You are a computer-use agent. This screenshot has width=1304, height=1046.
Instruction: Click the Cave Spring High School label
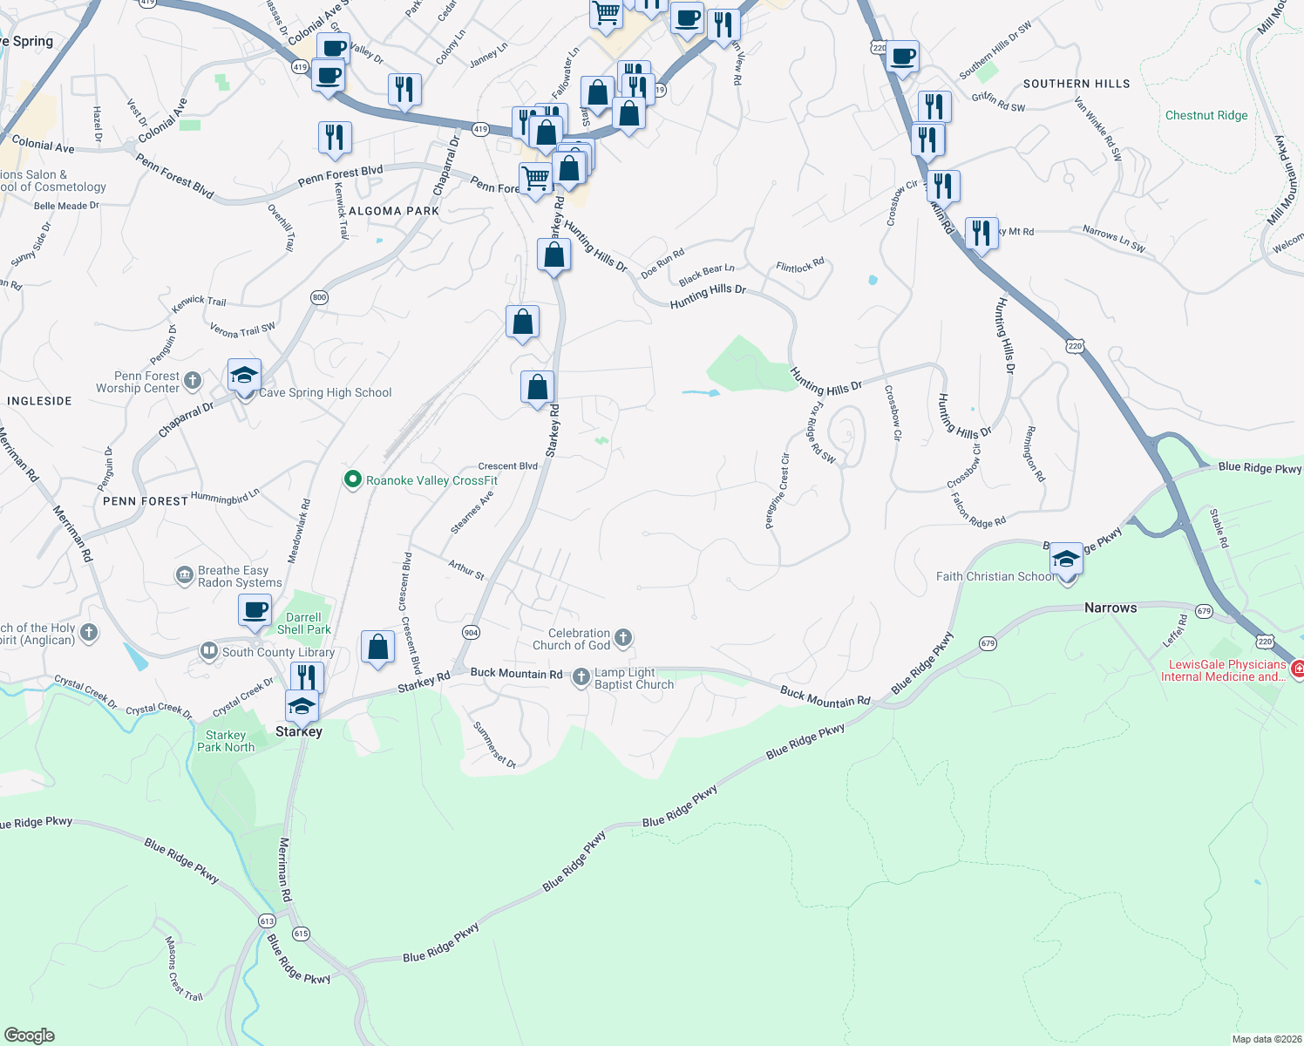coord(325,393)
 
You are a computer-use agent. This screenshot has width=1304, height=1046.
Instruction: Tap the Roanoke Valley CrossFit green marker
coord(353,480)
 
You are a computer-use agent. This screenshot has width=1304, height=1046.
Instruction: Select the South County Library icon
coord(209,651)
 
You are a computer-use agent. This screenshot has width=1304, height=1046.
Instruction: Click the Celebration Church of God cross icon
coord(623,638)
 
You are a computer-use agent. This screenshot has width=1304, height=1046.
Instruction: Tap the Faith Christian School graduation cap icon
coord(1066,558)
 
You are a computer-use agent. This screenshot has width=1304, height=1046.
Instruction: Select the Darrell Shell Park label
coord(303,623)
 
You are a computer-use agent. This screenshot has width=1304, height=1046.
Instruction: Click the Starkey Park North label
coord(226,741)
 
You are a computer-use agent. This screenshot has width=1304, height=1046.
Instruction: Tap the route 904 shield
coord(471,632)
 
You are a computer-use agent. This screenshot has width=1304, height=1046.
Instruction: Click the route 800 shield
coord(319,297)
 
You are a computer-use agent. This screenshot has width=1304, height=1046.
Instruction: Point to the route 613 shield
coord(267,920)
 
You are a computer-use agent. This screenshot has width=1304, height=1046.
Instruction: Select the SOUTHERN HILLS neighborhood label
coord(1076,84)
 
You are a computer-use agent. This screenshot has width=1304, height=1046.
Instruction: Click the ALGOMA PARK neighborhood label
coord(394,211)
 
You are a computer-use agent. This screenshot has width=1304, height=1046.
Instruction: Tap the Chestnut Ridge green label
coord(1206,115)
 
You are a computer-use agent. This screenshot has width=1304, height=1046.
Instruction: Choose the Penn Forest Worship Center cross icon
coord(193,381)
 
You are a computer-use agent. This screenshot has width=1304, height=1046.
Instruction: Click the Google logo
coord(29,1035)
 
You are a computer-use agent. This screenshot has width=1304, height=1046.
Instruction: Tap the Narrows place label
coord(1110,608)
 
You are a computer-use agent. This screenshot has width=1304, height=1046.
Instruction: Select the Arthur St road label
coord(466,569)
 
